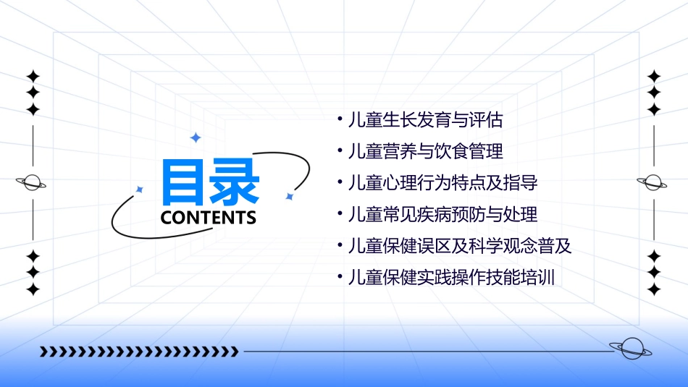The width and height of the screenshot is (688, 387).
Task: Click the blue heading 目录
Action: tap(210, 182)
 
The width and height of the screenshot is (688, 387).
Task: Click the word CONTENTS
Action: tap(208, 217)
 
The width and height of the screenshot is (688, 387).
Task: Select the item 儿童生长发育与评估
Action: tap(425, 120)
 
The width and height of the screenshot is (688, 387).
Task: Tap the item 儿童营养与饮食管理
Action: tap(425, 152)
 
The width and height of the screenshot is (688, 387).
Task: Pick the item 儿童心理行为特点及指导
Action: tap(442, 183)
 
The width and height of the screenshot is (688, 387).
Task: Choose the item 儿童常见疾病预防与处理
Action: tap(442, 215)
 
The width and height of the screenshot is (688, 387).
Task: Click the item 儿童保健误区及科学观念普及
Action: tap(460, 246)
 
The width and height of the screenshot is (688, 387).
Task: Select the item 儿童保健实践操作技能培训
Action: tap(451, 277)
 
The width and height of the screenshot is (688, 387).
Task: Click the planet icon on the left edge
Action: tap(33, 182)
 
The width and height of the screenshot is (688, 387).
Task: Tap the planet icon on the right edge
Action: tap(653, 182)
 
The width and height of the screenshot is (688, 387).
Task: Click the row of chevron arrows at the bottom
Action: tap(138, 352)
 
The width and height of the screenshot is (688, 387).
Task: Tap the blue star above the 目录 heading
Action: tap(195, 137)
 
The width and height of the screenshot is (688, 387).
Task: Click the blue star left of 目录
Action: tap(140, 190)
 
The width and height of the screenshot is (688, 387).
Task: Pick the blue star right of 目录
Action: tap(289, 196)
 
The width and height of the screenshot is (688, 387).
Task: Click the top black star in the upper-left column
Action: tap(33, 76)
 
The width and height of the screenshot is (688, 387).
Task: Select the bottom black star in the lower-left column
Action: tap(33, 289)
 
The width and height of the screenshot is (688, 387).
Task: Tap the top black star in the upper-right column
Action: tap(654, 76)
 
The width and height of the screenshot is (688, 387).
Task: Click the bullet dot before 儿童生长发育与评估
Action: tap(340, 119)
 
